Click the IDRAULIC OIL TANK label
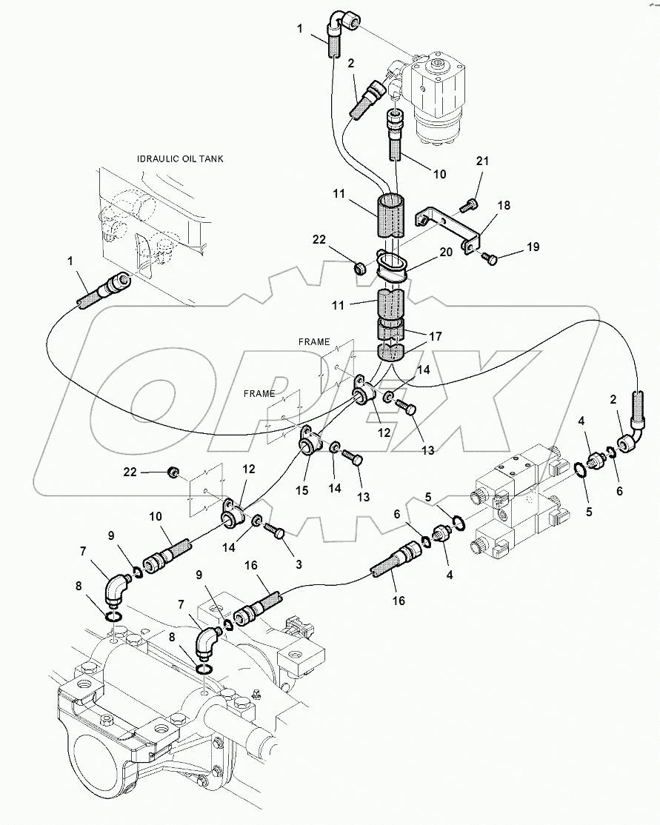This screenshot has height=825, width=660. [181, 158]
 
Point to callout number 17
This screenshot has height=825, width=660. [436, 336]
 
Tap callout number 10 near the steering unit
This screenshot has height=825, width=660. [439, 175]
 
